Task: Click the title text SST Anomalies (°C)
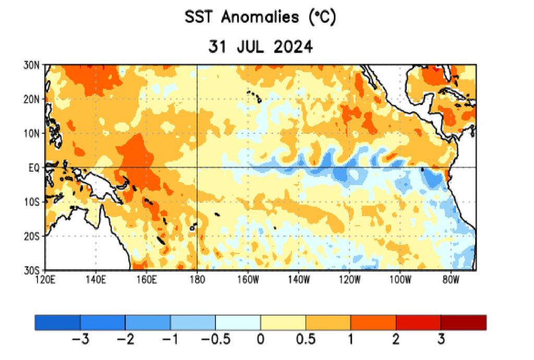[x=260, y=18]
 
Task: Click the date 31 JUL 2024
[x=260, y=47]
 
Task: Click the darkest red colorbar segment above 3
[x=463, y=322]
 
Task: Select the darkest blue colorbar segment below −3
[x=57, y=322]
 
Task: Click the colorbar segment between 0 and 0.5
[x=283, y=322]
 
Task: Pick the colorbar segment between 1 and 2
[x=373, y=322]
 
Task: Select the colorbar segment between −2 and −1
[x=148, y=322]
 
